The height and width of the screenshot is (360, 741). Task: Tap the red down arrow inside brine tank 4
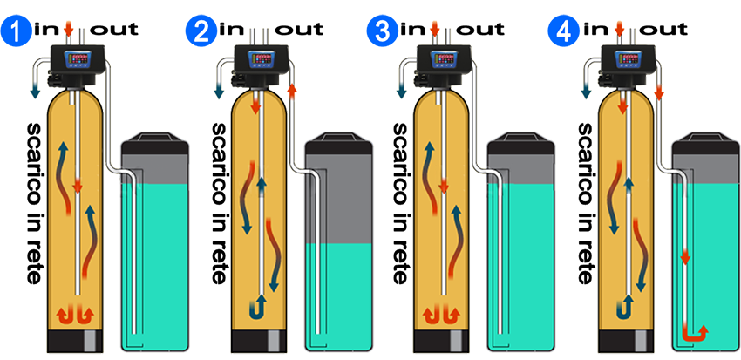coord(685,258)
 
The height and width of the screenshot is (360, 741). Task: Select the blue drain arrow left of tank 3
coord(401,89)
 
